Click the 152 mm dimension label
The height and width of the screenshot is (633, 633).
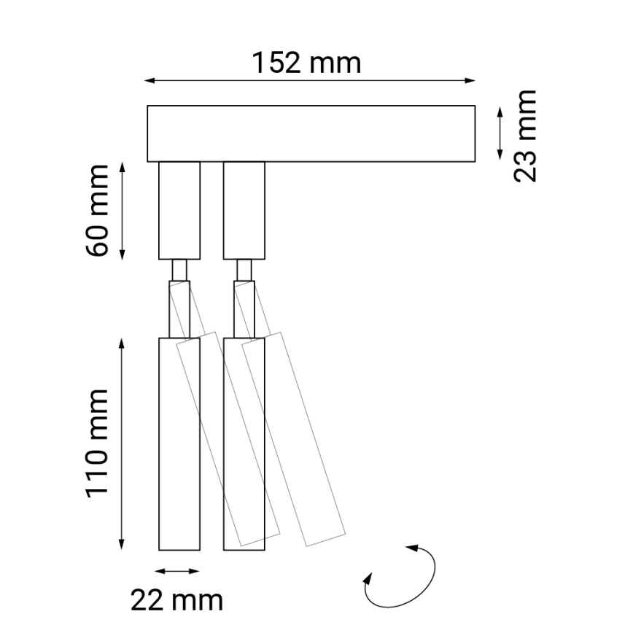(307, 63)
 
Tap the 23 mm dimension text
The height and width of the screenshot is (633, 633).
(524, 136)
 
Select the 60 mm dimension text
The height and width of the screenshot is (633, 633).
(96, 211)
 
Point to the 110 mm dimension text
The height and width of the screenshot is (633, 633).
(96, 443)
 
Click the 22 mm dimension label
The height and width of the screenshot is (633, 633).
(177, 601)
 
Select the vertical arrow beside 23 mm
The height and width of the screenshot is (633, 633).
(500, 133)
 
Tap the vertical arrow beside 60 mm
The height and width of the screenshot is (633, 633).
(123, 211)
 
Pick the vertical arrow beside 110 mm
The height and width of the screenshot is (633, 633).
(123, 443)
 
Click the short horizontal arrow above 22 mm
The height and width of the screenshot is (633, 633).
(177, 571)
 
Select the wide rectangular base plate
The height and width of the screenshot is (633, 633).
(311, 133)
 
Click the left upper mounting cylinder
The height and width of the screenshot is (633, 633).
(179, 211)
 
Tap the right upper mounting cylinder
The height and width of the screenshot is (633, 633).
(244, 211)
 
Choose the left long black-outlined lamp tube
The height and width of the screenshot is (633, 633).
(179, 443)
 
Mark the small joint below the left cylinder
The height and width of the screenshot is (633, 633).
(179, 270)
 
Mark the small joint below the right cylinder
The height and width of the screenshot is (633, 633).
(244, 270)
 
